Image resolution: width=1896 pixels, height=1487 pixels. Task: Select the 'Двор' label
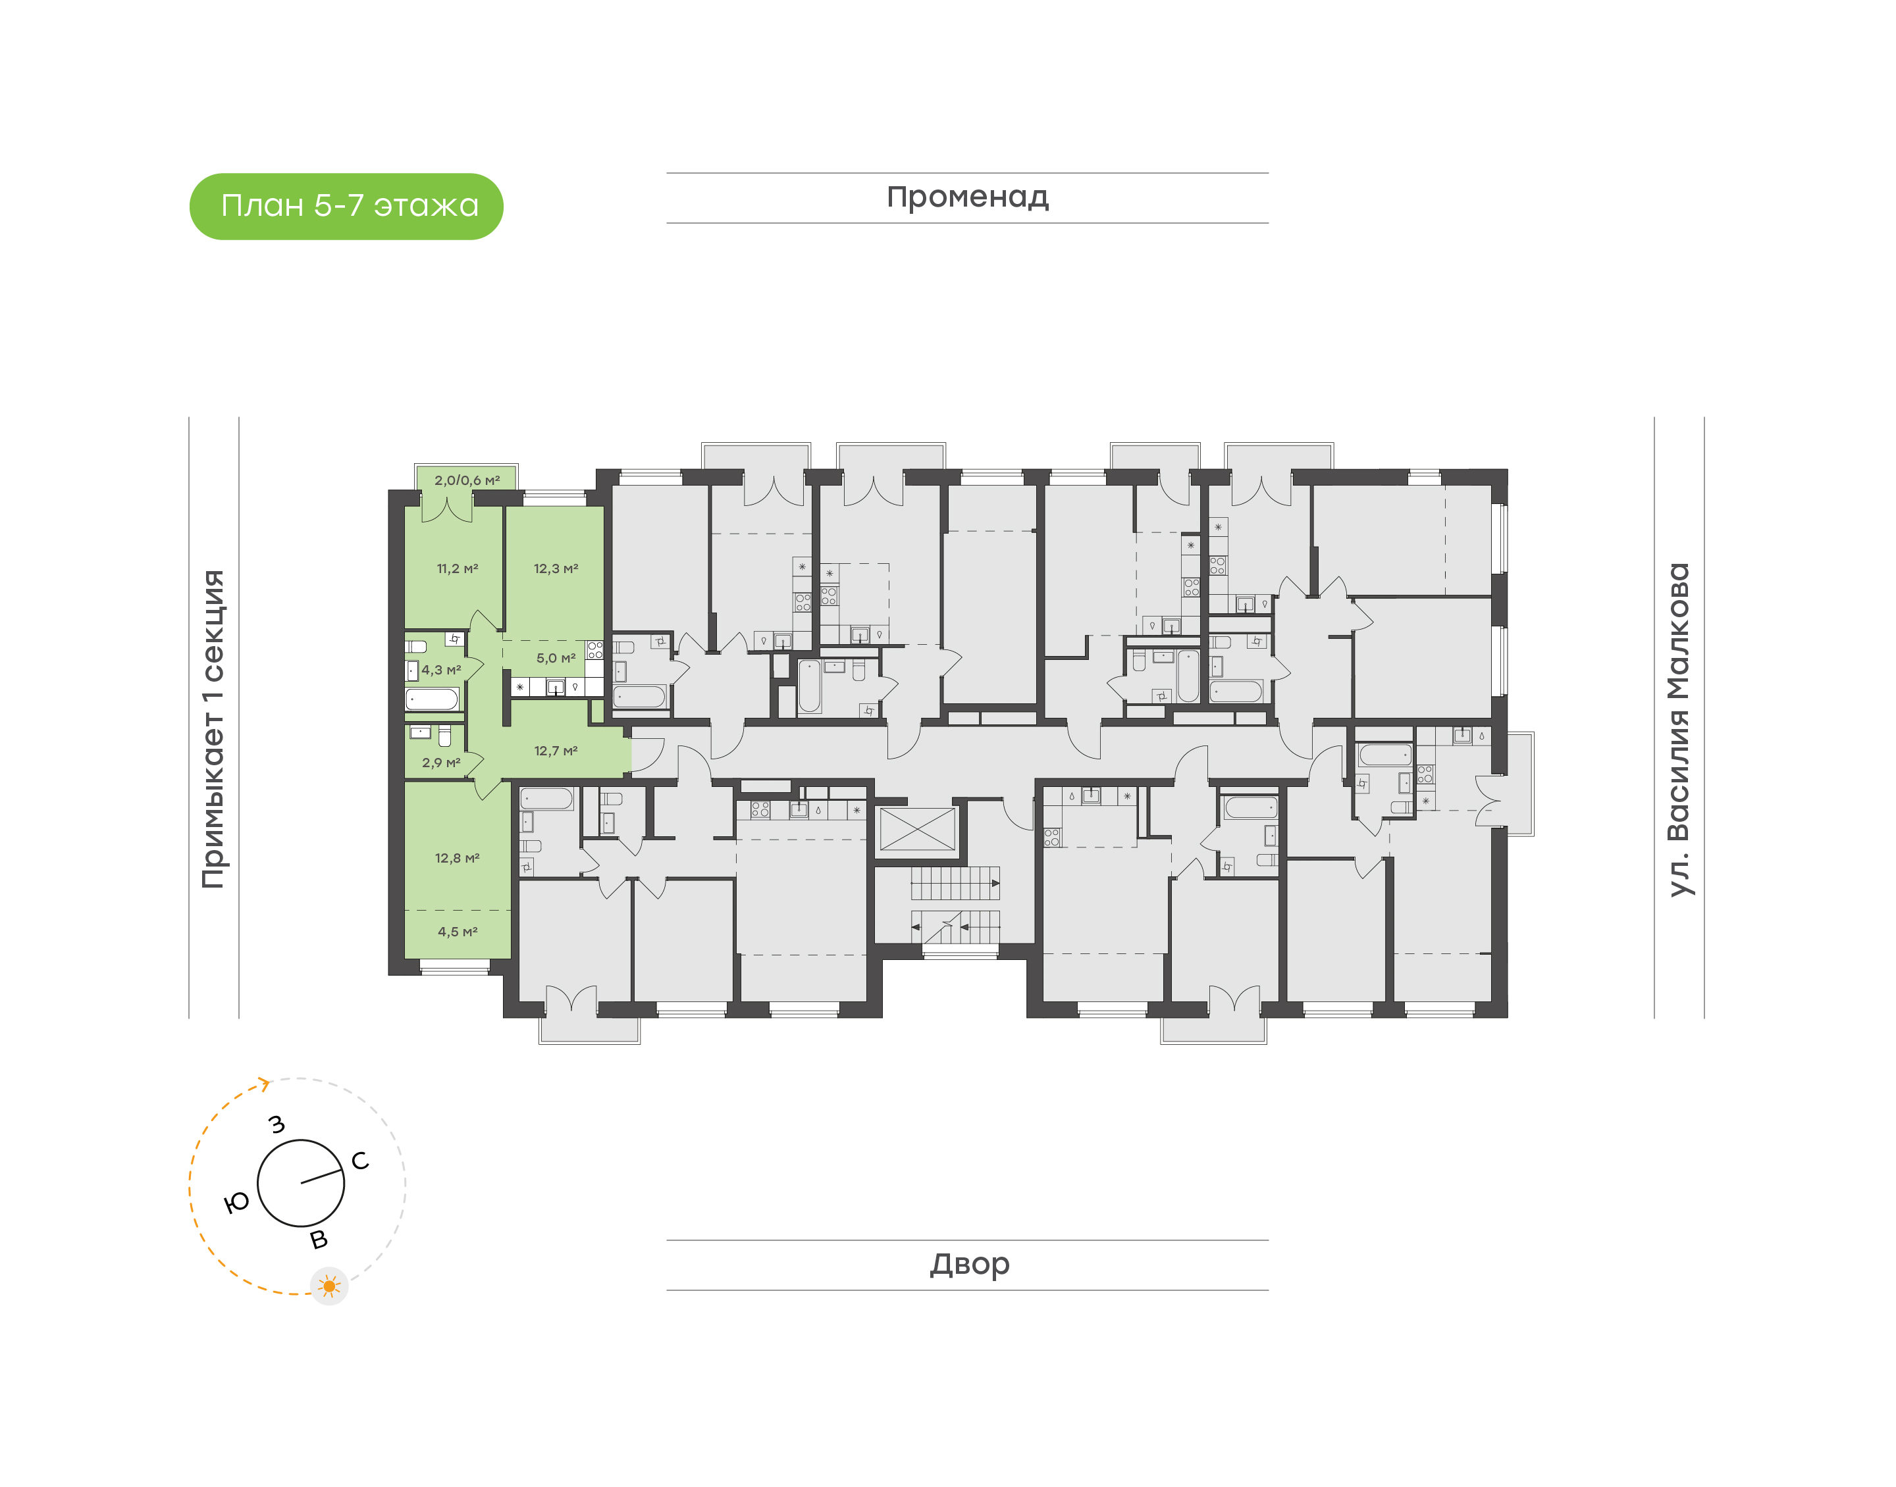[969, 1263]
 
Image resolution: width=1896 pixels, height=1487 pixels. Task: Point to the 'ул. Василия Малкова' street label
[1678, 730]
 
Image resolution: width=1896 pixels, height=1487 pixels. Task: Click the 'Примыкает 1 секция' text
[213, 730]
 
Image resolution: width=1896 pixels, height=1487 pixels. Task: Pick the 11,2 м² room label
[458, 568]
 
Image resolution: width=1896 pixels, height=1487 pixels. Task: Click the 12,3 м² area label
[556, 568]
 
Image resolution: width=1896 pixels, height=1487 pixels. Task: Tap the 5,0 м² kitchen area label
[556, 658]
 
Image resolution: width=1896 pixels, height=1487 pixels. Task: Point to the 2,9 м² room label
[440, 763]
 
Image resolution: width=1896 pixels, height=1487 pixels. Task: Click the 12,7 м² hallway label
[556, 751]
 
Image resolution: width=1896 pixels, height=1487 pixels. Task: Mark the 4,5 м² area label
[458, 932]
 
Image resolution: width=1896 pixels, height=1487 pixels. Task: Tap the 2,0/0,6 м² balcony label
[467, 480]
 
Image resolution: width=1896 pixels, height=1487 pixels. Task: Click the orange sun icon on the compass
[329, 1286]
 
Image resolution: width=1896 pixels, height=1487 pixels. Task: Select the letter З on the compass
[277, 1124]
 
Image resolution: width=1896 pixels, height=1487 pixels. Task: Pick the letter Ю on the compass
[236, 1203]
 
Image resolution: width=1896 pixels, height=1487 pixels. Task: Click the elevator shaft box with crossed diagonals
[917, 830]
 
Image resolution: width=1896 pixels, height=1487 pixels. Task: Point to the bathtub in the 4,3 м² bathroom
[432, 699]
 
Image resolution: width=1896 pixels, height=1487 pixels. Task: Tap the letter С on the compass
[359, 1161]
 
